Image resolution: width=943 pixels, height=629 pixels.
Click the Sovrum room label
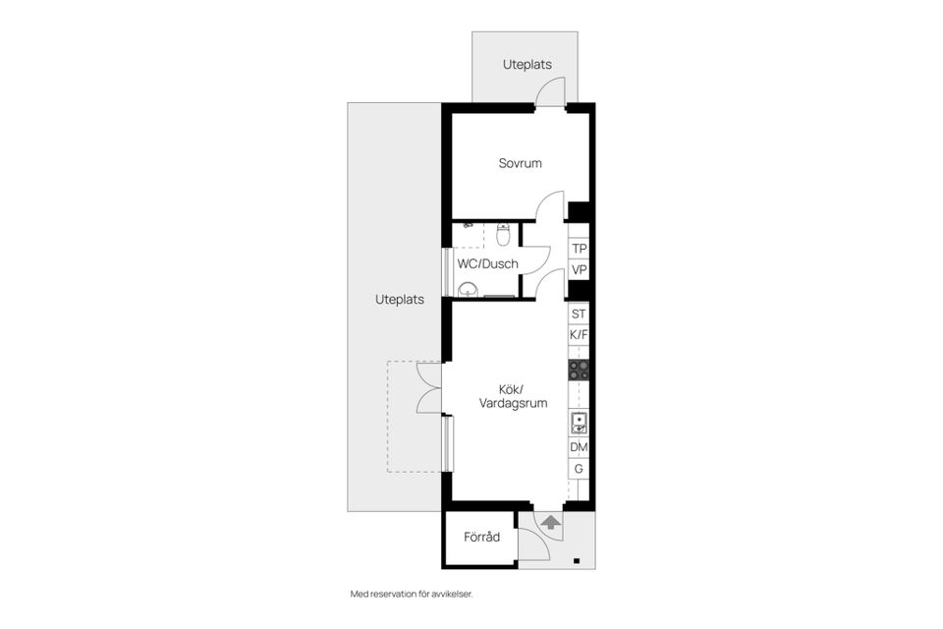coord(520,163)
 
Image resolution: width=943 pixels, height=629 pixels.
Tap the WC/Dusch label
coord(487,263)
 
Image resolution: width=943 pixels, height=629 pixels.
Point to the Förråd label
coord(482,537)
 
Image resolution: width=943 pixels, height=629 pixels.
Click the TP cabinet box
coord(580,249)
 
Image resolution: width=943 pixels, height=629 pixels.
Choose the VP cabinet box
coord(580,270)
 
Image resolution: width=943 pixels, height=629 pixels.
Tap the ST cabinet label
coord(579,314)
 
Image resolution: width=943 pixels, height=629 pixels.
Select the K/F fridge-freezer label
coord(579,335)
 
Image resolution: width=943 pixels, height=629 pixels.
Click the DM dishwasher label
coord(579,447)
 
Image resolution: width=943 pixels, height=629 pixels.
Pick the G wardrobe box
coord(579,469)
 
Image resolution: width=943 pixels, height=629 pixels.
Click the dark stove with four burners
coord(579,370)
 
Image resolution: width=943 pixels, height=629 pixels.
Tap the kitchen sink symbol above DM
coord(579,424)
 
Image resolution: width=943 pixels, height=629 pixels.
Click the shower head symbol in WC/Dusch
coord(469,225)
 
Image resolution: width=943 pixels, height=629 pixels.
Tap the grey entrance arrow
coord(550,522)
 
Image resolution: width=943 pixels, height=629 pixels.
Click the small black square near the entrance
coord(577,561)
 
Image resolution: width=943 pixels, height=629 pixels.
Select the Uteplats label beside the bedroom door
coord(527,65)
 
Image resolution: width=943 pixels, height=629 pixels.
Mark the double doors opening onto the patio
coord(428,387)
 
